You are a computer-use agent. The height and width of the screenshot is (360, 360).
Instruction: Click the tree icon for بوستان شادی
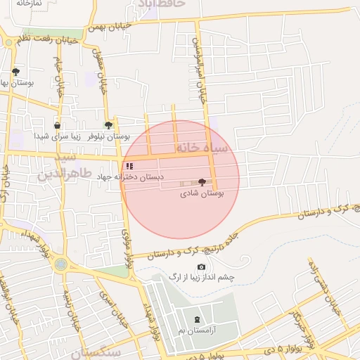pyautogui.click(x=202, y=182)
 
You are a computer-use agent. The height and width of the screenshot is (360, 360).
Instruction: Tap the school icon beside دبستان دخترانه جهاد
pyautogui.click(x=129, y=167)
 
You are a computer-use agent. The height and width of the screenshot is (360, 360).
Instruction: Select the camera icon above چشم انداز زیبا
pyautogui.click(x=202, y=266)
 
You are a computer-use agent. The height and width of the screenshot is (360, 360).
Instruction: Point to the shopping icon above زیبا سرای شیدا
pyautogui.click(x=57, y=126)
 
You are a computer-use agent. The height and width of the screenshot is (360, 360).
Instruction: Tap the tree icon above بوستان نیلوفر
pyautogui.click(x=108, y=124)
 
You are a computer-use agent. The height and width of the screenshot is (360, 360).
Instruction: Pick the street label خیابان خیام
pyautogui.click(x=60, y=83)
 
